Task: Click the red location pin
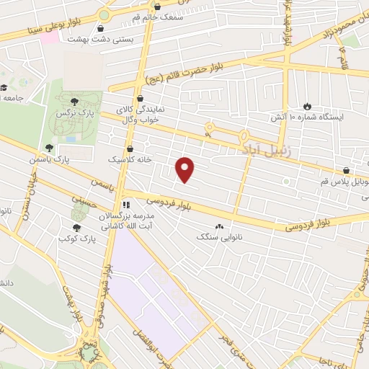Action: coord(186,169)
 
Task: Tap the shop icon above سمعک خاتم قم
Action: coord(158,6)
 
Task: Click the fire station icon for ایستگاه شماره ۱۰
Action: coord(308,105)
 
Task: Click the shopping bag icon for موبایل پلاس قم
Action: coord(348,170)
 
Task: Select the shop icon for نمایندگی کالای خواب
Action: coord(141,99)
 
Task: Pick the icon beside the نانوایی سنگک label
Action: coord(219,226)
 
